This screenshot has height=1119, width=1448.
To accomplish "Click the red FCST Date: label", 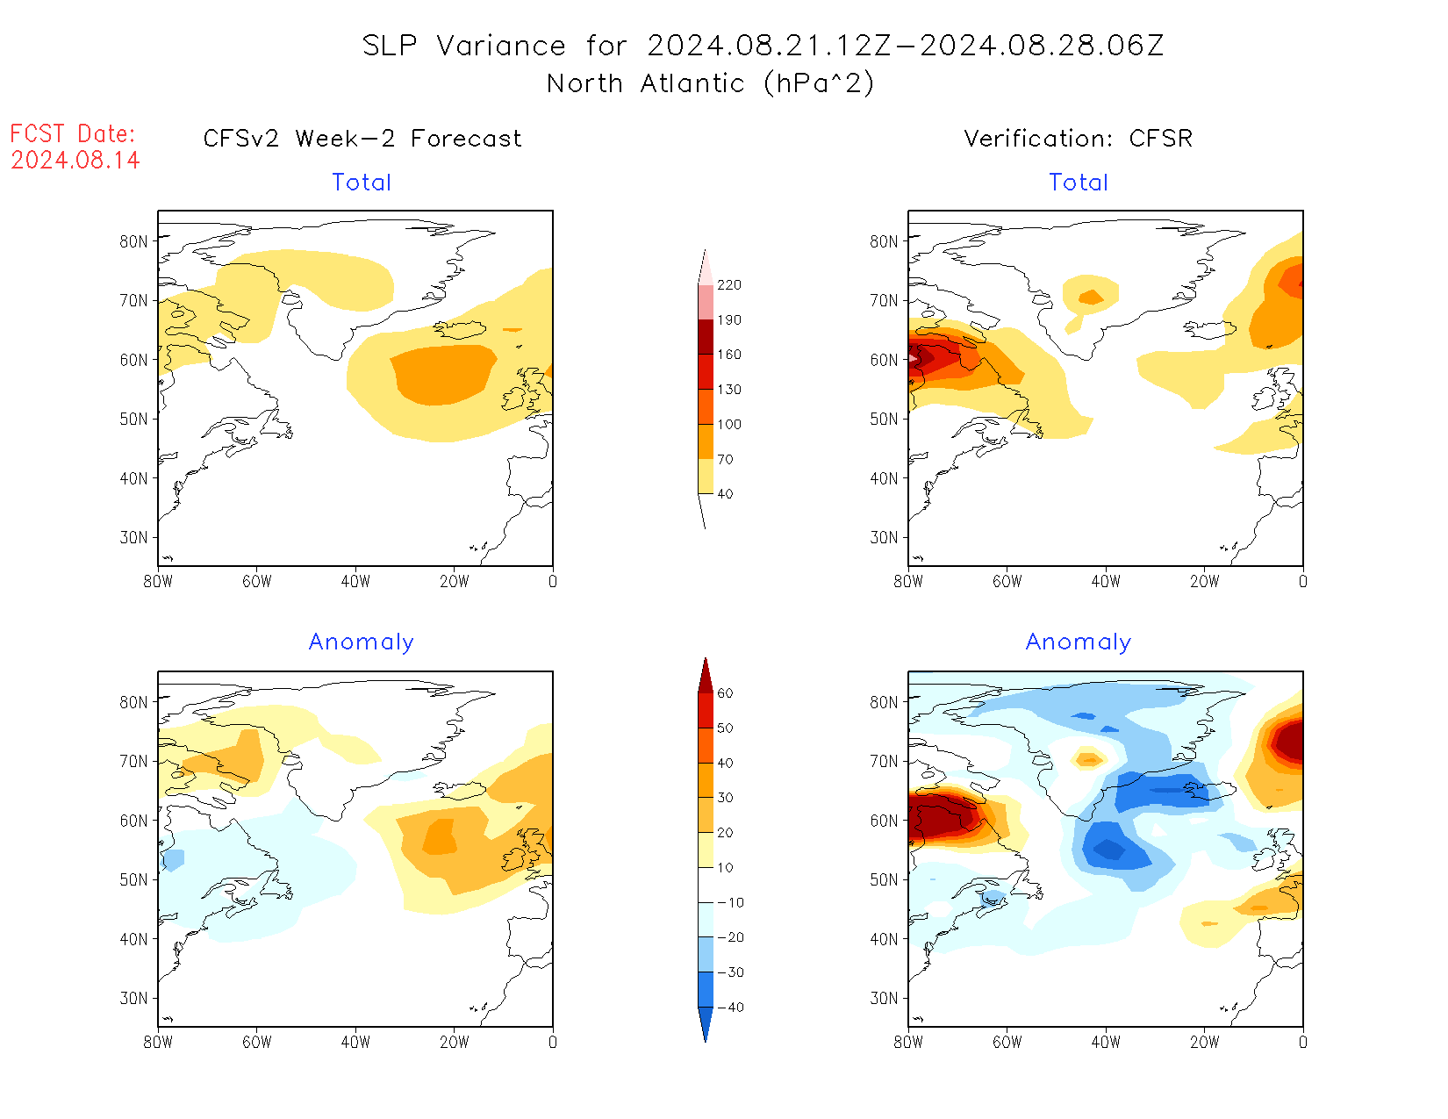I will coord(73,134).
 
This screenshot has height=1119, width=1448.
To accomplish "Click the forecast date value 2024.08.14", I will coord(75,161).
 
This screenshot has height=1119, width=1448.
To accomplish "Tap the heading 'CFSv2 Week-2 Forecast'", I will coord(362,139).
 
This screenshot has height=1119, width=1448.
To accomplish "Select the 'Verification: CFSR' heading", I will coord(1079,139).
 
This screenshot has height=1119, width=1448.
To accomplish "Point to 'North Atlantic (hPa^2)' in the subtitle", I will coord(710,83).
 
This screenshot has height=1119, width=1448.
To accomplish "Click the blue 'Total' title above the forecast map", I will coord(362,183).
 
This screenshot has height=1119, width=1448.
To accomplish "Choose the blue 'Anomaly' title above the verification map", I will coord(1079,642).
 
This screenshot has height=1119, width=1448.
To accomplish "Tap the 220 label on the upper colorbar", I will coord(729,285).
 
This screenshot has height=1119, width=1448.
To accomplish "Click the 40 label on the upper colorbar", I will coord(725,494).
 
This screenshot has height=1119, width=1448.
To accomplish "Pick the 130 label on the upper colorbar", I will coord(729,390).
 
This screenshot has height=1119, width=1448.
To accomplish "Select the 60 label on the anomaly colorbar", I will coord(725,693).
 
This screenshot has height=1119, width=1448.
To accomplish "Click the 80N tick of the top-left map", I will coord(134,241).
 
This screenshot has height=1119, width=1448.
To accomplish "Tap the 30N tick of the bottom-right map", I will coord(885,999).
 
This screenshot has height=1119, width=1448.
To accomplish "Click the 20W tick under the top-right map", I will coord(1204,581).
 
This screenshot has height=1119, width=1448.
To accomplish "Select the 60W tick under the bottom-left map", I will coord(256,1043).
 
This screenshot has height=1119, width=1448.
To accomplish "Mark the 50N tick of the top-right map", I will coord(885,420).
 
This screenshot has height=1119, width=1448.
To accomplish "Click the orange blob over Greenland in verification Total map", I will coord(1091,298).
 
